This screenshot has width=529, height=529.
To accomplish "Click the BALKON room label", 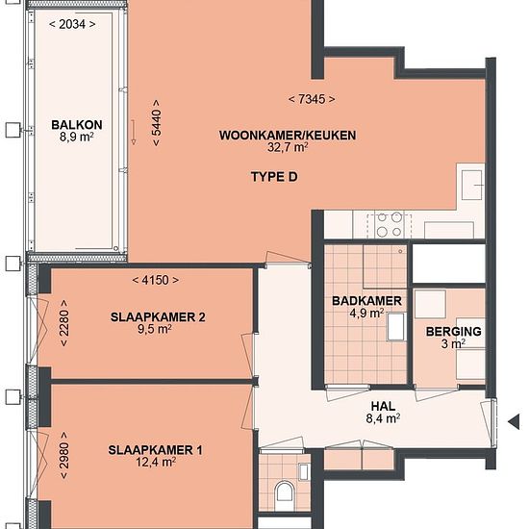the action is tap(77, 125).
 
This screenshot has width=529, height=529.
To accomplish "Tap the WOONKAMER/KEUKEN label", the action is tap(288, 136).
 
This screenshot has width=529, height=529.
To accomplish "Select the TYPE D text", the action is tap(274, 177).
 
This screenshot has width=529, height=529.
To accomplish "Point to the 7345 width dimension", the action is tap(312, 99).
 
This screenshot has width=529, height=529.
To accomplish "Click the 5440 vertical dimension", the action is tap(157, 123).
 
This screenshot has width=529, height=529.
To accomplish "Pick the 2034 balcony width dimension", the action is tap(72, 24).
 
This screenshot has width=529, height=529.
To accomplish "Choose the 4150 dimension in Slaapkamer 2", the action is tap(156, 280).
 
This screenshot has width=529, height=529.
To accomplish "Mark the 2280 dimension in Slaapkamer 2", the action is tap(63, 323).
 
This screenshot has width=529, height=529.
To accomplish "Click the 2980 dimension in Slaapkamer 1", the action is tap(63, 455).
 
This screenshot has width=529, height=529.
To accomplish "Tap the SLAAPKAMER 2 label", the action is tap(158, 317).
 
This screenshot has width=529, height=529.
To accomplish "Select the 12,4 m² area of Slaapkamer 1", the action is tap(156, 462).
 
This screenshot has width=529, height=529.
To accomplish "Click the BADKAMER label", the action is tap(366, 301).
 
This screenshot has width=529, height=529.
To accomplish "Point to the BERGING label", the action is tap(453, 332).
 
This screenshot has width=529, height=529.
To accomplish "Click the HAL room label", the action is tap(383, 406).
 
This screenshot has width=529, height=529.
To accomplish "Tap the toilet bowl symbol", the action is tap(284, 494).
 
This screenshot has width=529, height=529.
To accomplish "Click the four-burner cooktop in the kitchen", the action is tap(390, 225).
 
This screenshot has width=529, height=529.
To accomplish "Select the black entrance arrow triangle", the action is tap(514, 421).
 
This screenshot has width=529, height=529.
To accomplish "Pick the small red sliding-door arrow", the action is tap(134, 133).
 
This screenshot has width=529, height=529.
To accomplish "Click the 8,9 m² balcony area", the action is tap(77, 138).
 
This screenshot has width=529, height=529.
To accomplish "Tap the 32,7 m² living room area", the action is tap(288, 147).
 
